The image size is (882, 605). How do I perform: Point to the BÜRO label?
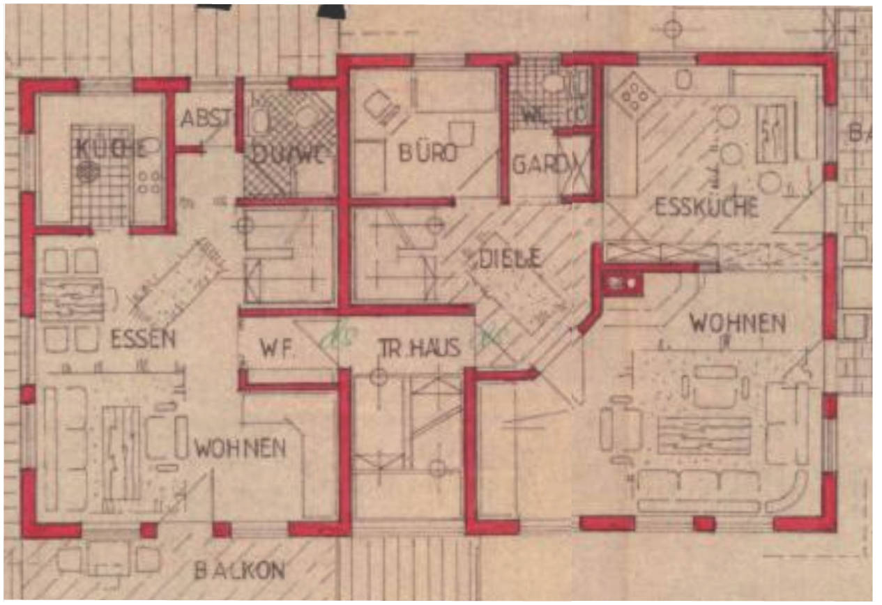428,152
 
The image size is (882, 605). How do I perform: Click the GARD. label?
536,164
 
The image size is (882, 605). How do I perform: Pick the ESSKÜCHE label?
706,206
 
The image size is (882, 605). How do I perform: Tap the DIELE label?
511,259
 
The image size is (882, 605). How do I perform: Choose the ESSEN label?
142,339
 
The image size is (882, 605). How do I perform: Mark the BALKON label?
239,571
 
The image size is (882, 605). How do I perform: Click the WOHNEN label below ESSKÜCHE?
738,323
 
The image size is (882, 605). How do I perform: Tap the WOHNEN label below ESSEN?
240,447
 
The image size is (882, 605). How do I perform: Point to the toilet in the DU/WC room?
259,121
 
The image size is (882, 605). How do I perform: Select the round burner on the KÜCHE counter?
87,171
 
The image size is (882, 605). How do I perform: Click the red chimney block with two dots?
623,282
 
